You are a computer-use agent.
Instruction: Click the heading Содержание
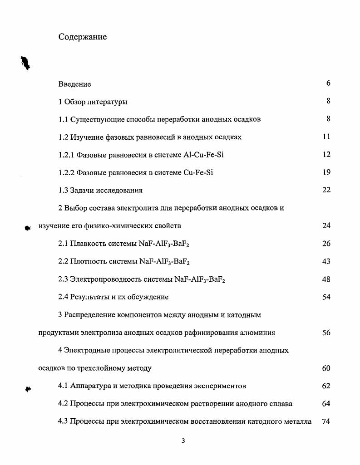(x=83, y=37)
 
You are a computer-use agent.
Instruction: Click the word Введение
(x=74, y=84)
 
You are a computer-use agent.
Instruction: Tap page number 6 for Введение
(x=328, y=83)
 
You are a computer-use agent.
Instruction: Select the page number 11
(x=326, y=137)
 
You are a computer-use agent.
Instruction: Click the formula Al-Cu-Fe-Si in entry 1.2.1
(x=204, y=155)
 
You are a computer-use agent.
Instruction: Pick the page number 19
(x=326, y=172)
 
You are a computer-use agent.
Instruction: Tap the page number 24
(x=326, y=225)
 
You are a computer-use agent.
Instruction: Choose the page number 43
(x=326, y=261)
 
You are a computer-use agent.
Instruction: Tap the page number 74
(x=325, y=421)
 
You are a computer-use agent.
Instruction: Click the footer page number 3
(x=183, y=441)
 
